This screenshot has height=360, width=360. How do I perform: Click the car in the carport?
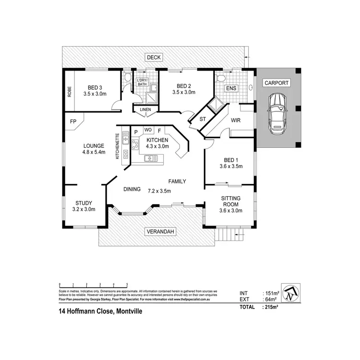[x=277, y=113]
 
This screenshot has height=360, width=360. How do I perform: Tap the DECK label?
[x=154, y=58]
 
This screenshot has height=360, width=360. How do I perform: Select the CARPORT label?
[x=277, y=83]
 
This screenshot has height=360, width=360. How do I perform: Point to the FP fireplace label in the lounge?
[x=73, y=122]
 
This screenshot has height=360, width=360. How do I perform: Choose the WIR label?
[x=235, y=120]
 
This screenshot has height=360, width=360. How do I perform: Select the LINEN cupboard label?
[x=145, y=110]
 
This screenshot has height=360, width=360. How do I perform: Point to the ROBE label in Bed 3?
[x=70, y=91]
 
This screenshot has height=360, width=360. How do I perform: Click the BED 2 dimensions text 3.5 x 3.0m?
[x=184, y=93]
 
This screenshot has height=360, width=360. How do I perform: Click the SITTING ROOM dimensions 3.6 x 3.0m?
[x=231, y=210]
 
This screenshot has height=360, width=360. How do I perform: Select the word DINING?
[x=132, y=190]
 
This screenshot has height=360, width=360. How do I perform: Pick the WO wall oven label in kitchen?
[x=148, y=131]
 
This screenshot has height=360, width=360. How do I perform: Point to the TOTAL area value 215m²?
[x=271, y=307]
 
